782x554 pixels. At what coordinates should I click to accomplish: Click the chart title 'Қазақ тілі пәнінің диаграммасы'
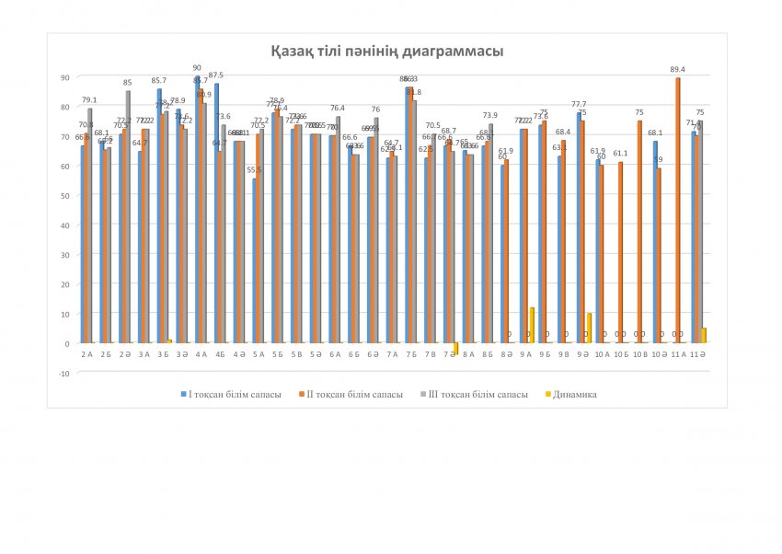[386, 52]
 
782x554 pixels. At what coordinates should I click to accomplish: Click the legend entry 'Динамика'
[576, 394]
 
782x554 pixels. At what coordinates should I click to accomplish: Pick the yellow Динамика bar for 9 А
[533, 325]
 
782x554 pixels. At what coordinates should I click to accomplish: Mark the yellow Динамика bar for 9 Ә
[589, 328]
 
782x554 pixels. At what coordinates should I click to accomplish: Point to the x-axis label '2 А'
[86, 353]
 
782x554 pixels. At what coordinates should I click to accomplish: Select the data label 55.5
[254, 170]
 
